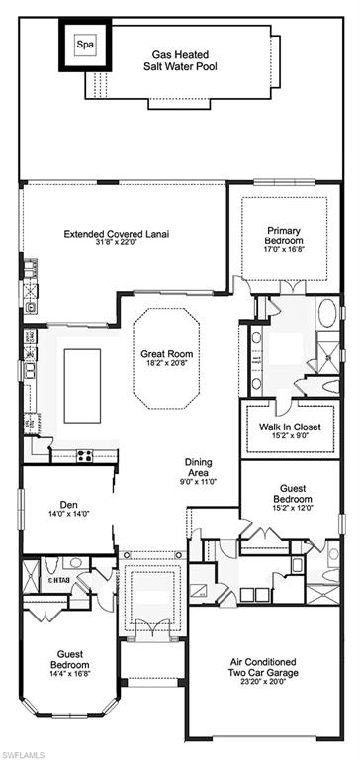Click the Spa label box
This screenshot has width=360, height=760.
85,46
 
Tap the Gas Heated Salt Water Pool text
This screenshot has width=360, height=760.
180,61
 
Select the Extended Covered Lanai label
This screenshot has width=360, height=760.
117,234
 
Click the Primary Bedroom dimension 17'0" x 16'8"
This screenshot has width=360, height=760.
285,249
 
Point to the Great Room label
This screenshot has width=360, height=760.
167,353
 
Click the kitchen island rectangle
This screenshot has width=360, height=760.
82,386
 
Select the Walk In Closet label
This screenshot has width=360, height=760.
290,427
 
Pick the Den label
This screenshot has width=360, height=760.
69,504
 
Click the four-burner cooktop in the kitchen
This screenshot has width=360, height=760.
85,455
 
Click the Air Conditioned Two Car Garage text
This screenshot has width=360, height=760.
263,667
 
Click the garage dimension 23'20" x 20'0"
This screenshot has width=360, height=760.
264,682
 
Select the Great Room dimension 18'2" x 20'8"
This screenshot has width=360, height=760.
167,362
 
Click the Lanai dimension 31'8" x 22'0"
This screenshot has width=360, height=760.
117,241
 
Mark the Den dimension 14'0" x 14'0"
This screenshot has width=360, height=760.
70,513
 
